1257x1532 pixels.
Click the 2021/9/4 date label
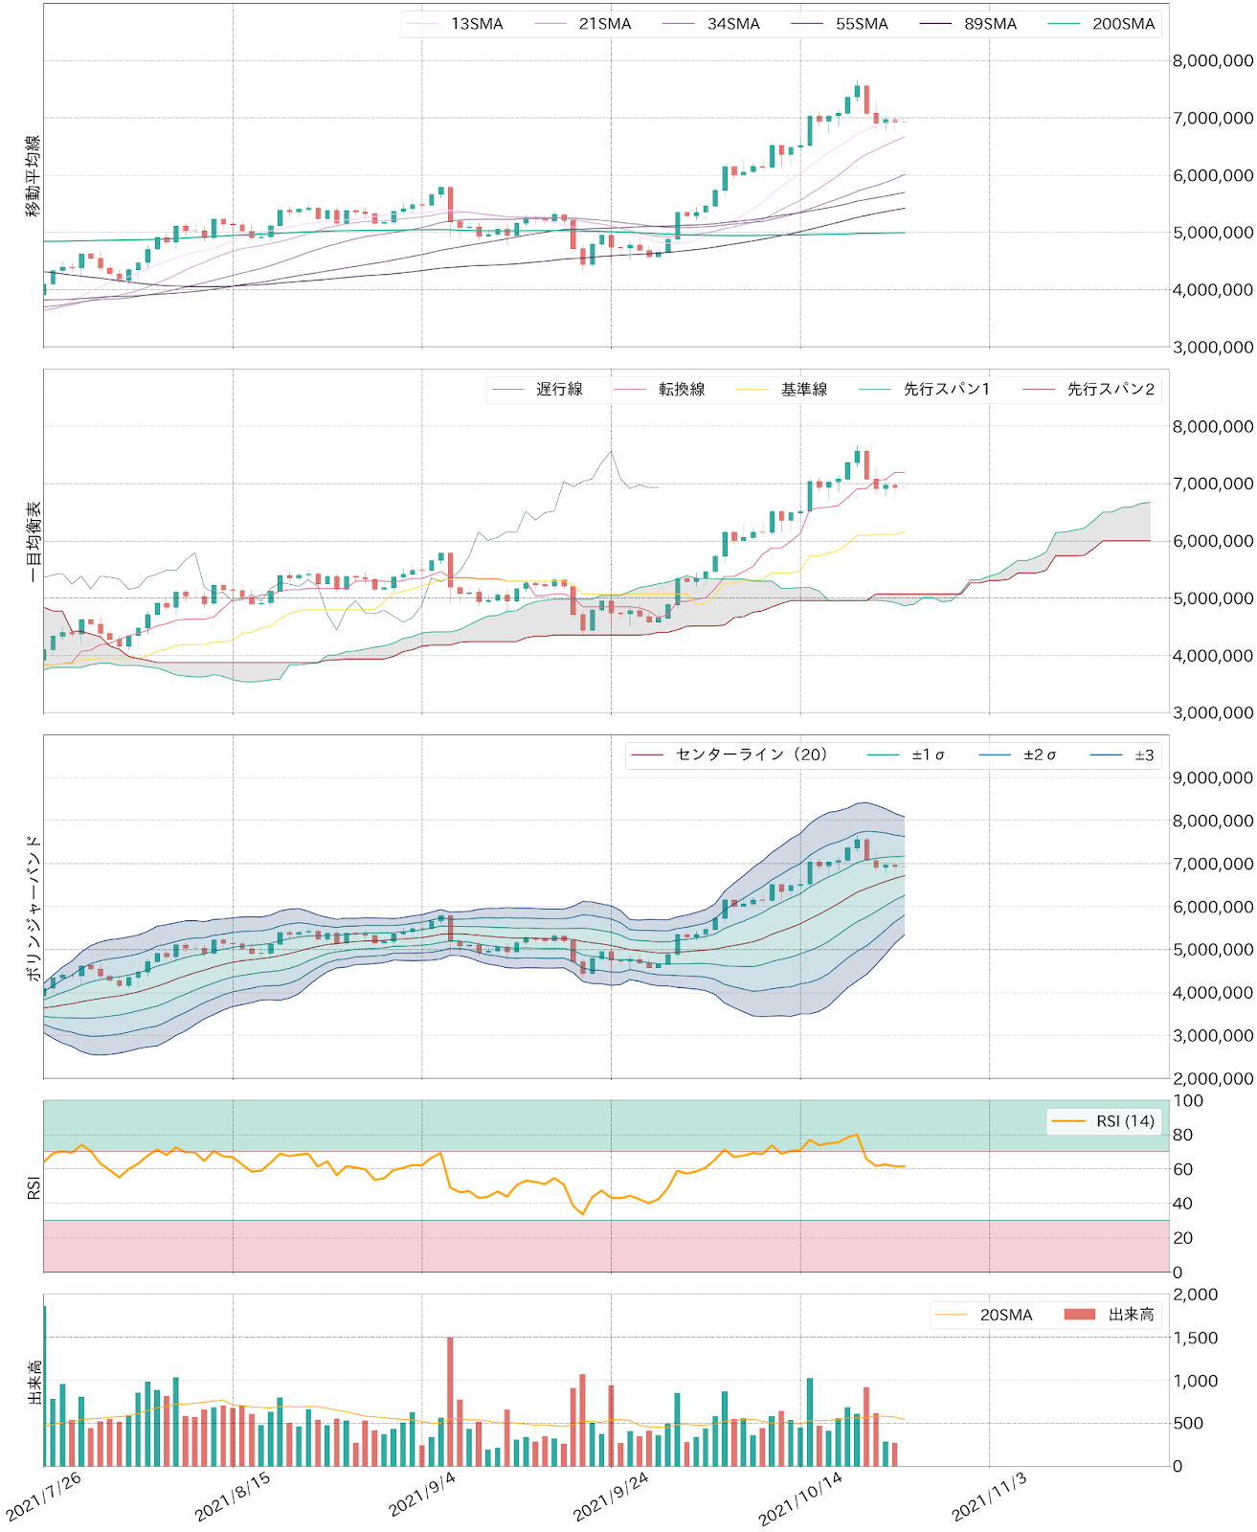pyautogui.click(x=423, y=1494)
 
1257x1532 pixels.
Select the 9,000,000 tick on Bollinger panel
pyautogui.click(x=1212, y=778)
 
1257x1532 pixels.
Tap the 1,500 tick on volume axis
pyautogui.click(x=1196, y=1338)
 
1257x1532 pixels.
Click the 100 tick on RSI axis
pyautogui.click(x=1188, y=1101)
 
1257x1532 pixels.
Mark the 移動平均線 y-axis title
pyautogui.click(x=33, y=176)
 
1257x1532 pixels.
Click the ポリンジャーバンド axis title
pyautogui.click(x=33, y=907)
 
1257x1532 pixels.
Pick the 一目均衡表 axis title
pyautogui.click(x=33, y=541)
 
